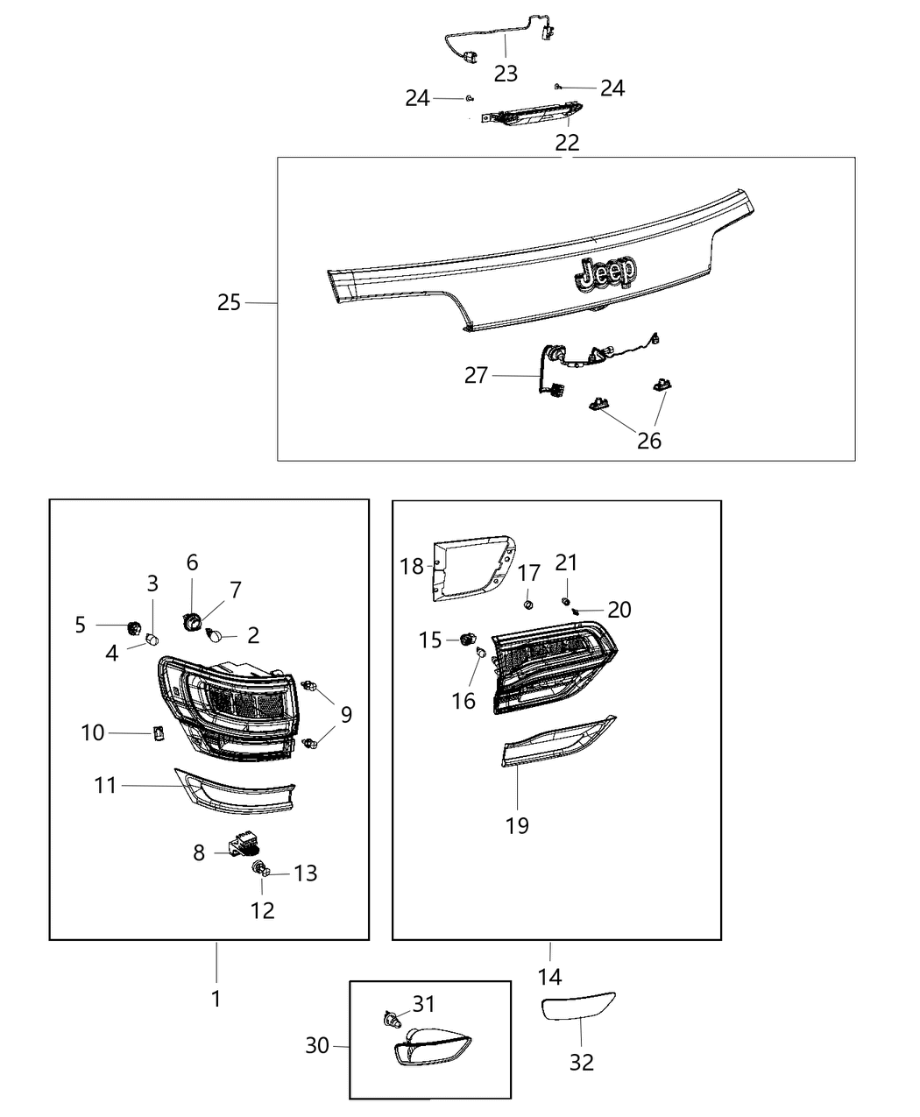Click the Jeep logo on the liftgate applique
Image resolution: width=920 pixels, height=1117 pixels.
(605, 273)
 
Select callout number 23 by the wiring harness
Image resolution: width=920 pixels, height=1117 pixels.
(506, 74)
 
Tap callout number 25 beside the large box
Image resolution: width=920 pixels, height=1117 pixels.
(229, 303)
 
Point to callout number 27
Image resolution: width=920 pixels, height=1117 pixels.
(476, 376)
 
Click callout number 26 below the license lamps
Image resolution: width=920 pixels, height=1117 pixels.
(649, 440)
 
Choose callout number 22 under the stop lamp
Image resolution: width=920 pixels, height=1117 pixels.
(567, 142)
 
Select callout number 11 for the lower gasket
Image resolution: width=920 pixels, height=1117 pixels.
(105, 786)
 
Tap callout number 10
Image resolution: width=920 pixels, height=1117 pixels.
(93, 732)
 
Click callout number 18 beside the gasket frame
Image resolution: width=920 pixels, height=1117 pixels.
(411, 566)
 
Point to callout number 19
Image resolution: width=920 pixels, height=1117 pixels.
(517, 824)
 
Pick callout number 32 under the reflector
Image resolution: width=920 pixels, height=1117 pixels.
(582, 1062)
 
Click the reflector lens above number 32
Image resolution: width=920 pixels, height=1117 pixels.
(578, 1007)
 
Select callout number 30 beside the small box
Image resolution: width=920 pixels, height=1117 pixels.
(317, 1045)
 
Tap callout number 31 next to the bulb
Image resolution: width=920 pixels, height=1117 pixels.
(424, 1003)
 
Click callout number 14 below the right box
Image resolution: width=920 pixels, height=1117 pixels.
(550, 976)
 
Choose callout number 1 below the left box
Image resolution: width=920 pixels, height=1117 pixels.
(216, 998)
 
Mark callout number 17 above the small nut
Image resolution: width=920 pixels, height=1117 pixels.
(529, 574)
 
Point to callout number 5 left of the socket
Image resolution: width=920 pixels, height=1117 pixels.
(81, 625)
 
